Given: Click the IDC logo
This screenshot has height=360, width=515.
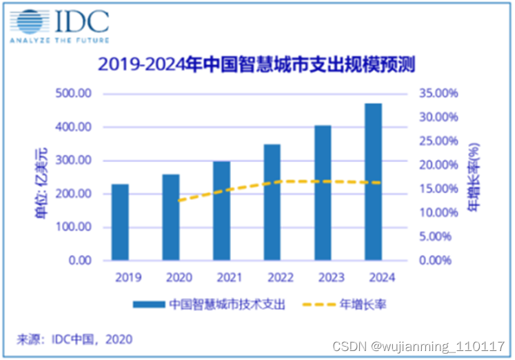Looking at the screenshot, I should (59, 26).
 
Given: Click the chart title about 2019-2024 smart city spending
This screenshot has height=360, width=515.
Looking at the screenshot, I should (258, 66).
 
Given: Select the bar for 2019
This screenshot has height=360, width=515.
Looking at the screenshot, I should (120, 222).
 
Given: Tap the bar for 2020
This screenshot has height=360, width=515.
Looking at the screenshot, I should (172, 217).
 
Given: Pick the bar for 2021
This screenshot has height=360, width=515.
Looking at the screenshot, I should (221, 210).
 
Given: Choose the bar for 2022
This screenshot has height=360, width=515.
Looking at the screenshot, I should (272, 202).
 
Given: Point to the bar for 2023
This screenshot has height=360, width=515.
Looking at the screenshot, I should (322, 192).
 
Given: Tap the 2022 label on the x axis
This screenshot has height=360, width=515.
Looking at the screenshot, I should (272, 277).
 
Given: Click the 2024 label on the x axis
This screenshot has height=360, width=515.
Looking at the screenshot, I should (373, 277).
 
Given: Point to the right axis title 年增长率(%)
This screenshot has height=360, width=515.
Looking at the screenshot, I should (474, 177).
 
